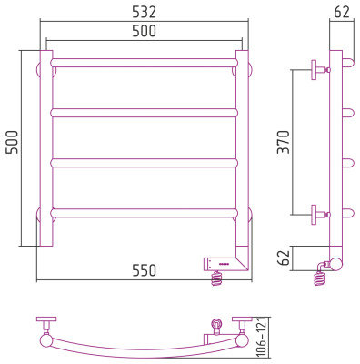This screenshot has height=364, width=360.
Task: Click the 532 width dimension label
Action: (x=145, y=12)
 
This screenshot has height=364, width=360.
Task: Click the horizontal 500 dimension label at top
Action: (x=145, y=31)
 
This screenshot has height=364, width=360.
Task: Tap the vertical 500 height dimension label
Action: (x=12, y=142)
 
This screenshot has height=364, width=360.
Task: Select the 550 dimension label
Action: (x=145, y=270)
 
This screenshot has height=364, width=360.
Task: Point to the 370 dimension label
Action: (x=284, y=142)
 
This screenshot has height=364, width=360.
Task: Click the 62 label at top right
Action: (x=342, y=12)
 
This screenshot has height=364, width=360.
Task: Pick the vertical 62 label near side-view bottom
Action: (x=284, y=258)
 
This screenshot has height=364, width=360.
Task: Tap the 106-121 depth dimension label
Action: (x=261, y=337)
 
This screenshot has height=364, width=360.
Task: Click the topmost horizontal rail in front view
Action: (x=145, y=63)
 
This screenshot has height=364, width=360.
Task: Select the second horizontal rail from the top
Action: (x=145, y=113)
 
